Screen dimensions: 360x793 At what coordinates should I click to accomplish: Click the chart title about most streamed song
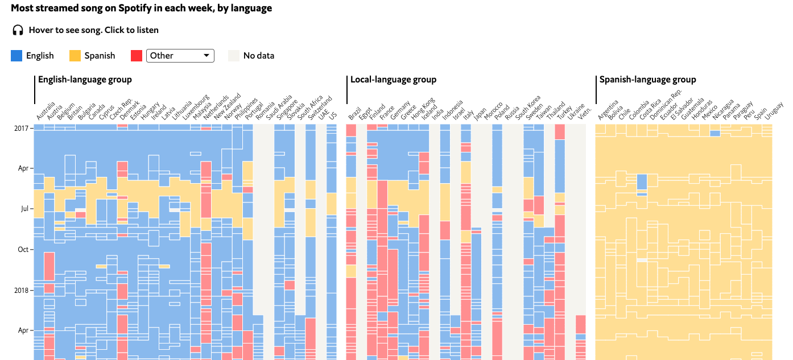coord(141,9)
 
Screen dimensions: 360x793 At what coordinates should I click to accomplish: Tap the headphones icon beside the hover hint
coord(18,30)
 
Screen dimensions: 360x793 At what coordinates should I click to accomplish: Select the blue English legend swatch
coord(16,56)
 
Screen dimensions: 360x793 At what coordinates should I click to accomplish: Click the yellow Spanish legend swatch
coord(75,56)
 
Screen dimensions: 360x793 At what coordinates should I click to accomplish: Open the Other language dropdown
coord(180,56)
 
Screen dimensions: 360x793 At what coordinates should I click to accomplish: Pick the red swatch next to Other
coord(137,56)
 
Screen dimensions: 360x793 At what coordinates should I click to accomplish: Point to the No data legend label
coord(258,56)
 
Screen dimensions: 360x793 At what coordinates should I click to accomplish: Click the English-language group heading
coord(85,80)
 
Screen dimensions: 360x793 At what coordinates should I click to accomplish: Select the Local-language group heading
coord(393,80)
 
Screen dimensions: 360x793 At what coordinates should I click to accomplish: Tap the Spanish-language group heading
coord(647,80)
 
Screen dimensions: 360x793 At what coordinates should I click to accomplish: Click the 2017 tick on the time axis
coord(22,128)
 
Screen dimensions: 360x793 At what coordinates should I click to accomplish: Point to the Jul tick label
coord(24,209)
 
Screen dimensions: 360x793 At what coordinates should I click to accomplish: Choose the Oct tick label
coord(23,249)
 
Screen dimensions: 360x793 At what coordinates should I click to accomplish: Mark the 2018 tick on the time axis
coord(22,290)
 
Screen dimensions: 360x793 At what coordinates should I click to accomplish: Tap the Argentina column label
coord(608,109)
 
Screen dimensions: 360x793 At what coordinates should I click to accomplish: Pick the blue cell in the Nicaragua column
coord(715,133)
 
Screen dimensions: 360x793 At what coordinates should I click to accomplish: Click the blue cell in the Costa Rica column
coord(642,181)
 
